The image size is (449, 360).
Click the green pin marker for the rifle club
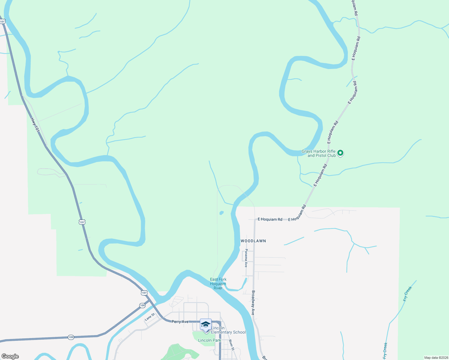click(x=340, y=153)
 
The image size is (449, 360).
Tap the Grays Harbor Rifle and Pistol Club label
click(x=318, y=153)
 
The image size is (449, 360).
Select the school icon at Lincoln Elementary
click(x=206, y=325)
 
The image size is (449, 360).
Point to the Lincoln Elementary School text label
click(x=228, y=330)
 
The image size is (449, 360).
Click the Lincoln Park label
click(x=209, y=340)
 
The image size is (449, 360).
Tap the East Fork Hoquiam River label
click(x=218, y=283)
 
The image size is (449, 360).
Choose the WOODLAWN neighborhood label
click(x=253, y=241)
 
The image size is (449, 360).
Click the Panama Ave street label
click(x=246, y=258)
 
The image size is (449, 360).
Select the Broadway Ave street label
click(x=253, y=303)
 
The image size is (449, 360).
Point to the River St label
click(x=231, y=345)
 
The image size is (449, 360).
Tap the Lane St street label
click(x=150, y=317)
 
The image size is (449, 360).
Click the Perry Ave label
click(x=180, y=322)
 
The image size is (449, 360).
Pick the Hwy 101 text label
click(x=35, y=125)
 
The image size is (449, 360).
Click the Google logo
click(x=10, y=356)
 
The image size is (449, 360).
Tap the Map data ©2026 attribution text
click(x=436, y=358)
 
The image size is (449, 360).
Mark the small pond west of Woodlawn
click(x=221, y=213)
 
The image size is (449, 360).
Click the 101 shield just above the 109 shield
click(x=144, y=293)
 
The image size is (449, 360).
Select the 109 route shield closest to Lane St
click(x=142, y=305)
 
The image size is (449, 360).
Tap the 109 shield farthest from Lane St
click(x=71, y=337)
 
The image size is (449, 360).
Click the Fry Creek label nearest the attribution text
click(x=385, y=351)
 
